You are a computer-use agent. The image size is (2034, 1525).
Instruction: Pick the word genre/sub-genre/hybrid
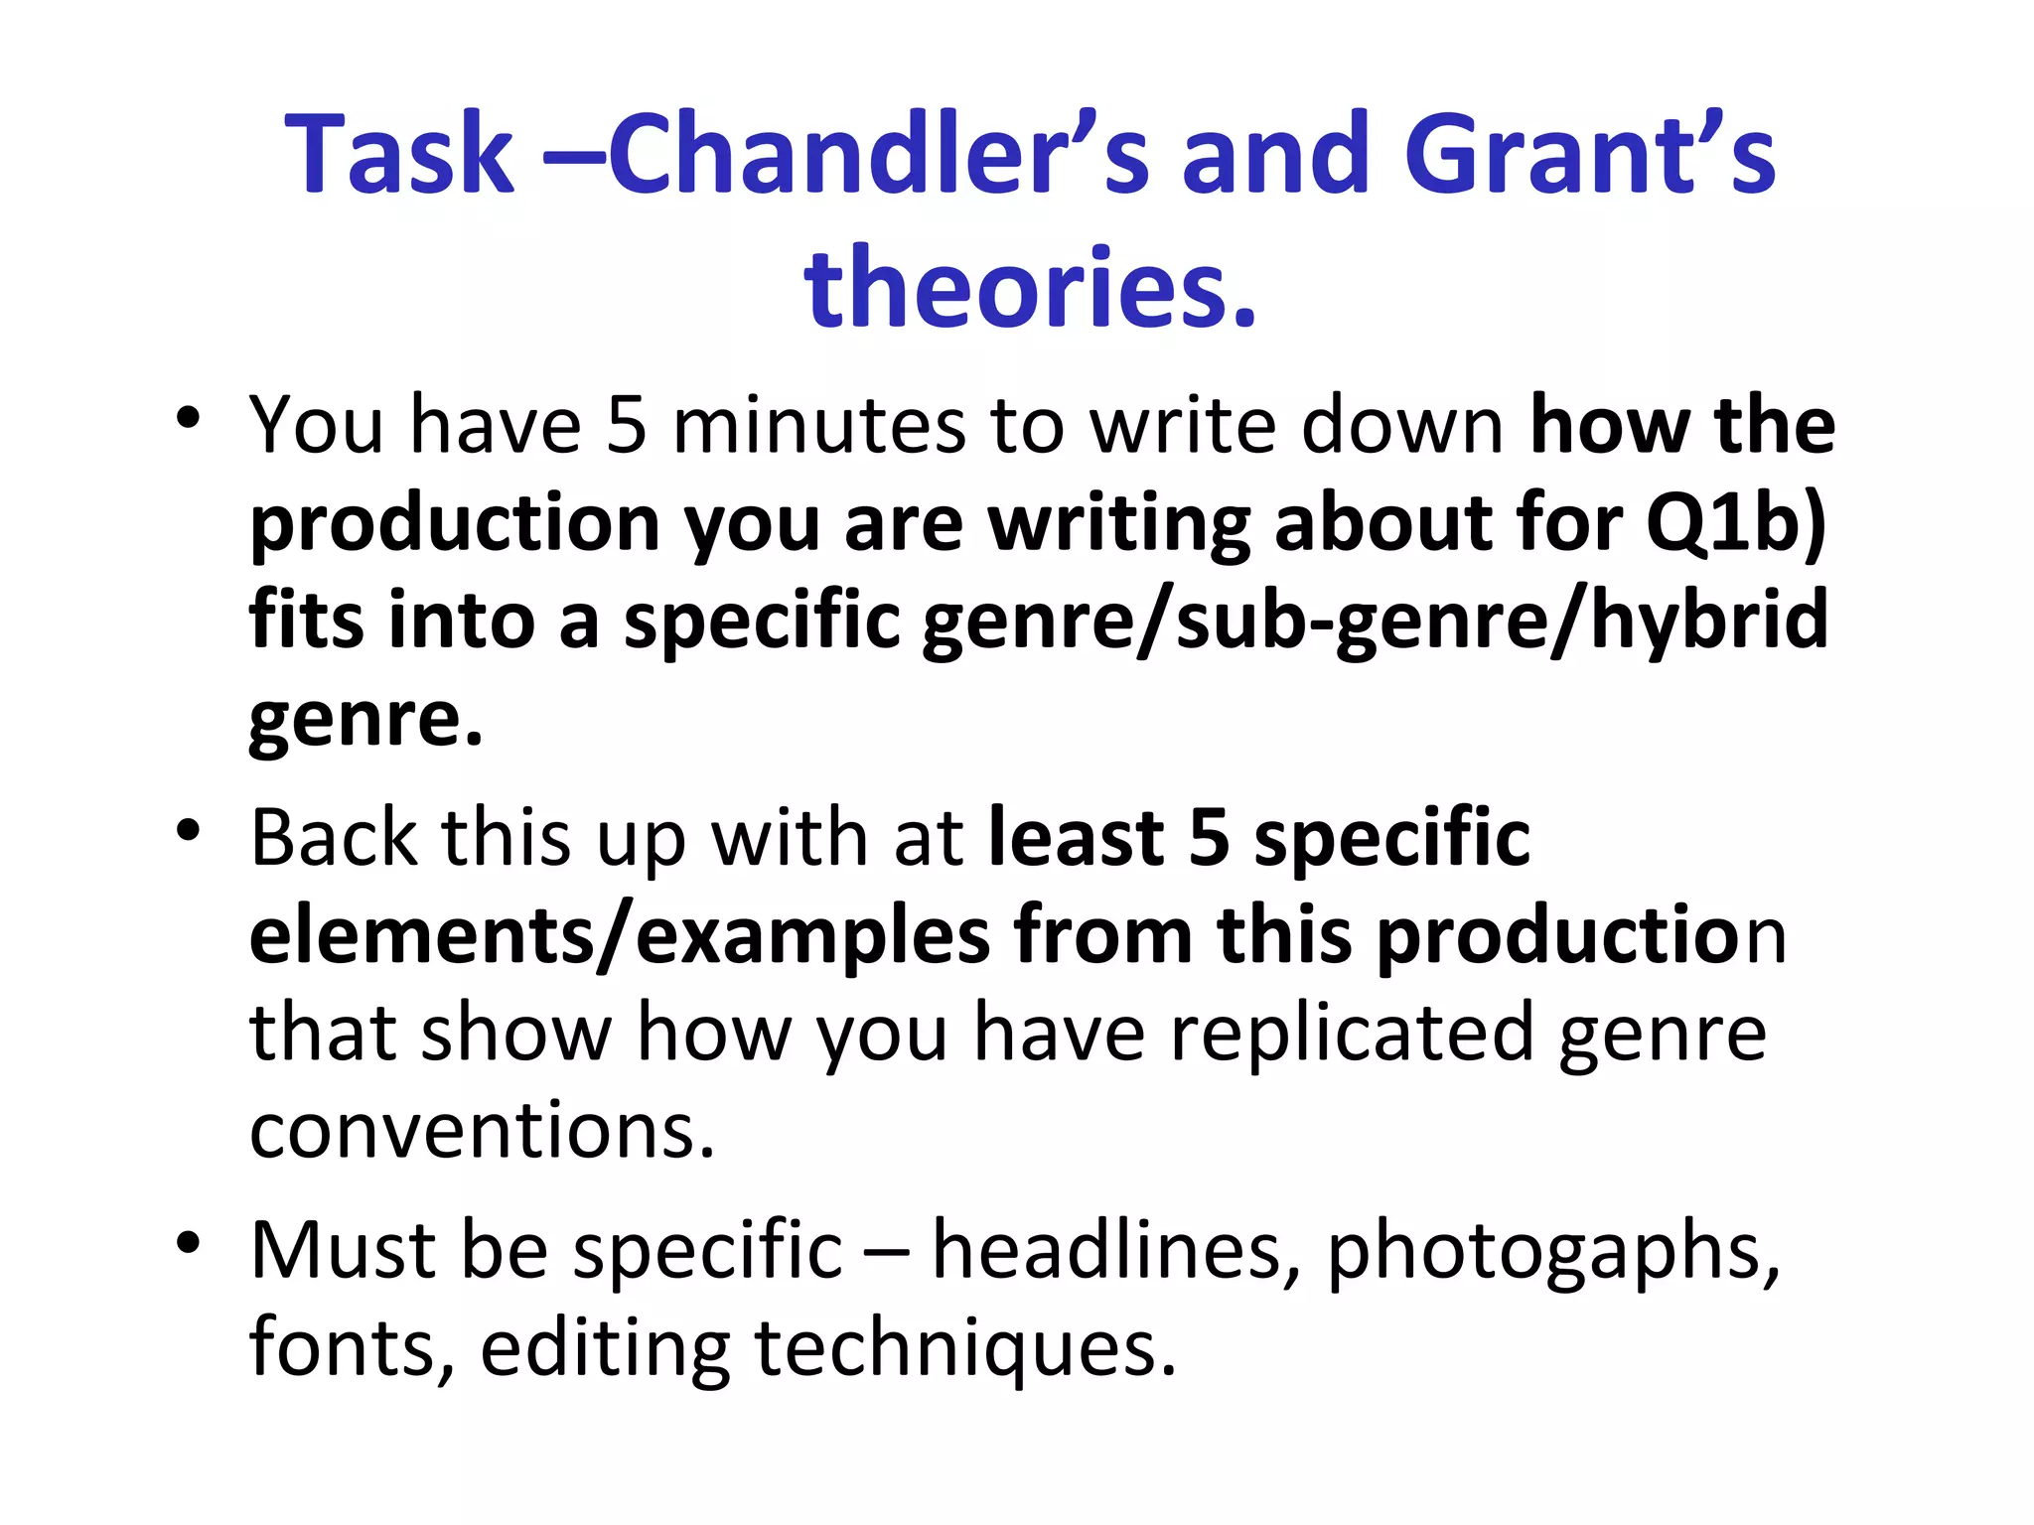point(1375,620)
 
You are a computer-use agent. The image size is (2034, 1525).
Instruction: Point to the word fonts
point(351,1347)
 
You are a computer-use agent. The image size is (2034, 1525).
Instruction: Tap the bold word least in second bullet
point(1077,838)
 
